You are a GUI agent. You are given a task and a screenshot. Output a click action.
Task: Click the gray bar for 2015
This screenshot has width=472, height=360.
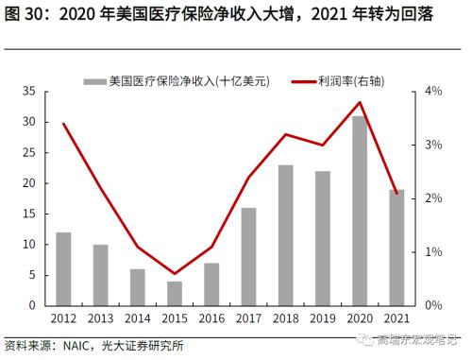175,293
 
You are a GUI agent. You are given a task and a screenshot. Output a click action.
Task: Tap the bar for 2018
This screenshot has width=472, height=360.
285,235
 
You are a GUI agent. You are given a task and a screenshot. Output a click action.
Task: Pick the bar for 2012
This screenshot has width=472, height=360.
63,268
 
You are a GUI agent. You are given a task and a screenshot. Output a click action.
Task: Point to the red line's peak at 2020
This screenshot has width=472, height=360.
360,102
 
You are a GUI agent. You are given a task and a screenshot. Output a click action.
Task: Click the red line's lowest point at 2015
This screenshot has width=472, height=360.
175,274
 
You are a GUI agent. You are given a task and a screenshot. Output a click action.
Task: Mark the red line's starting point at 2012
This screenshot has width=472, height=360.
63,124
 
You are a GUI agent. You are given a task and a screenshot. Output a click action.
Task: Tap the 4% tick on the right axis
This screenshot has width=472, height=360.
433,92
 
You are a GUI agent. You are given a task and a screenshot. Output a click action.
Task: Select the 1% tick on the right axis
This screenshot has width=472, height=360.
433,252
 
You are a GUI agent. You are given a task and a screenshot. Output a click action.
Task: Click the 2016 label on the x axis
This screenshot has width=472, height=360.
211,320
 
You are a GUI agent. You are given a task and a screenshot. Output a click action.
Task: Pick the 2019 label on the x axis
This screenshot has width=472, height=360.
323,320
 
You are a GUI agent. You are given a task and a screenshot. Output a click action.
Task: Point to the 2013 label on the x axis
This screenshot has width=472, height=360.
100,320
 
